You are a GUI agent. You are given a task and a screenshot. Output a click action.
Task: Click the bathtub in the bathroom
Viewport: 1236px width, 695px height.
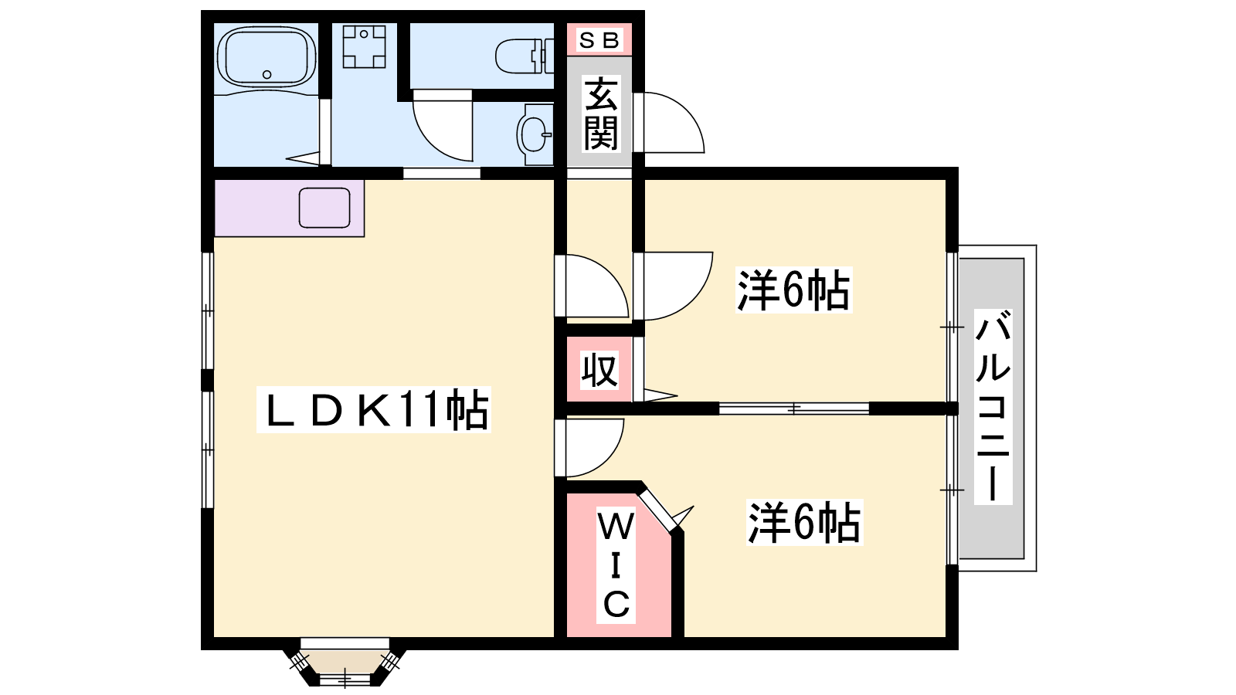267,56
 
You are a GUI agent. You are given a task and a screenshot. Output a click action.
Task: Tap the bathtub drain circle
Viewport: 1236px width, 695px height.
267,74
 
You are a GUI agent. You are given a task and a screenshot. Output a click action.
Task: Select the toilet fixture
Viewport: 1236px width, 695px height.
525,56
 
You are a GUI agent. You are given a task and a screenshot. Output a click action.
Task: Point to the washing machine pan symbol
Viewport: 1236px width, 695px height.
364,47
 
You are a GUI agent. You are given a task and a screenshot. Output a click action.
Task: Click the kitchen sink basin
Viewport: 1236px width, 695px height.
324,208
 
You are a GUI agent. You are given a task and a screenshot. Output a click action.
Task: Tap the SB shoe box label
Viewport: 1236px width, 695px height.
599,40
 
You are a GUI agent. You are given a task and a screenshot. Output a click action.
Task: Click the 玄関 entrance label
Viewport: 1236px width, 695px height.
600,114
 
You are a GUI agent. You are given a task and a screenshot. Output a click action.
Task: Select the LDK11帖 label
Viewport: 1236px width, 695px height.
374,410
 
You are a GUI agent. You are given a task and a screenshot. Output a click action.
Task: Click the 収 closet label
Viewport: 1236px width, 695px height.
599,370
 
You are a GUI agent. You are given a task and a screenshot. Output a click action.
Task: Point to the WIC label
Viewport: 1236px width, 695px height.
616,566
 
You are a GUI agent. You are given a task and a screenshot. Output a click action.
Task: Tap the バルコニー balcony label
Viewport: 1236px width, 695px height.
993,407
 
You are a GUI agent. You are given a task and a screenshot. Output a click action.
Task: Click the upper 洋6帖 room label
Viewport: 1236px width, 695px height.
793,290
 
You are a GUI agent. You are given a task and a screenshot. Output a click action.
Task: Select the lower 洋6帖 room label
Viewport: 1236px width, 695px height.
804,522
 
